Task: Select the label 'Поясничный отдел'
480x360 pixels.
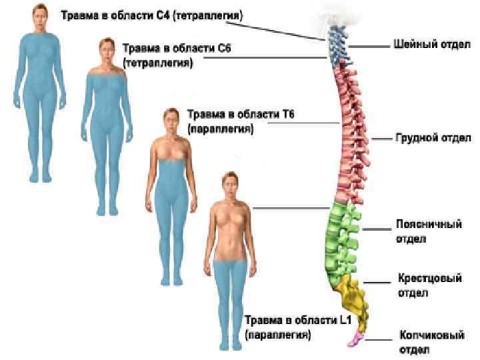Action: (x=429, y=231)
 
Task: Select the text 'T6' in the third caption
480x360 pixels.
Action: (x=287, y=115)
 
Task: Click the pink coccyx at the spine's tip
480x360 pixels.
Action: (x=354, y=340)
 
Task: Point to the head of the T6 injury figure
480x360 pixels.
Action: (x=170, y=121)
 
